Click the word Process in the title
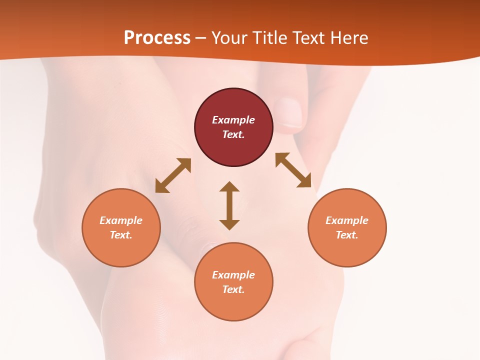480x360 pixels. point(157,38)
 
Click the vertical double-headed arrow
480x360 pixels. point(229,205)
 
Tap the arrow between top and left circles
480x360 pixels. point(173,175)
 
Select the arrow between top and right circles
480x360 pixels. point(293,170)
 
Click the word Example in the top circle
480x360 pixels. point(233,120)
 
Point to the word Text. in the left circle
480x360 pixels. point(121,235)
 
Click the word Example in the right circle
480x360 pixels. point(347,220)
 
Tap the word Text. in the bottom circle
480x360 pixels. point(233,289)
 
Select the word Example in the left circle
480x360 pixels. point(121,220)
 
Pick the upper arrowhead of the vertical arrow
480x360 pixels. point(229,186)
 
